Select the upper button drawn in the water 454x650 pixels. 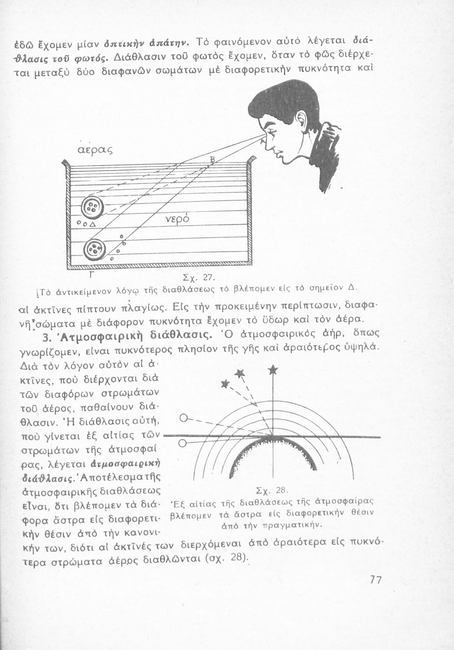[x=92, y=208]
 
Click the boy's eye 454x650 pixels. [x=270, y=133]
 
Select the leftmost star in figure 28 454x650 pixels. [x=225, y=383]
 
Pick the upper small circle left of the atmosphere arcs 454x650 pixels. [x=183, y=419]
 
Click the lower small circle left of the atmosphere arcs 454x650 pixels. [x=182, y=443]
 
